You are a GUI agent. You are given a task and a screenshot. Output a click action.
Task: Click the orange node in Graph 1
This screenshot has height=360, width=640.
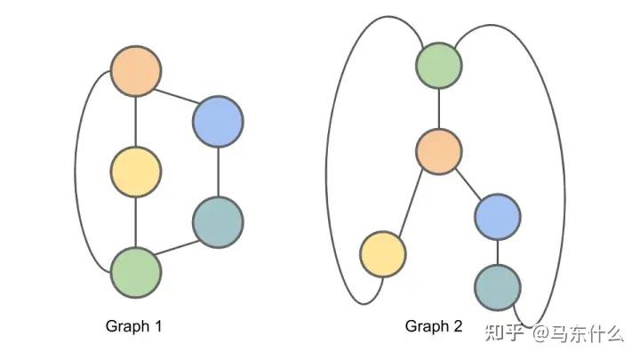(135, 71)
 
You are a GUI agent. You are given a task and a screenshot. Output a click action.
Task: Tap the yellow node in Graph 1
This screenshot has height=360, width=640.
(135, 171)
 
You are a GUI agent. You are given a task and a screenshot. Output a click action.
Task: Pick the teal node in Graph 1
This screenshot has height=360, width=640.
(218, 220)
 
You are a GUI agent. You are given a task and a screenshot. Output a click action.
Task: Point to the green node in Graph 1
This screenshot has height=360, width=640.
(136, 272)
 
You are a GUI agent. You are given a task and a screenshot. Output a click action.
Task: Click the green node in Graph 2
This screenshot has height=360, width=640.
(439, 64)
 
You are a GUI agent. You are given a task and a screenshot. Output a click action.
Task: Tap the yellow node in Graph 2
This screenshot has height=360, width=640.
(383, 253)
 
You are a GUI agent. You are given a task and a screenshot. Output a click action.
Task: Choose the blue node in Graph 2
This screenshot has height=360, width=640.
(497, 216)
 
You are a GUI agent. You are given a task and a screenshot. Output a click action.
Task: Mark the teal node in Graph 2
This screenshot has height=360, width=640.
(497, 286)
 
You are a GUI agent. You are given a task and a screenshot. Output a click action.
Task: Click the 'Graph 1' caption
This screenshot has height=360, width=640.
(133, 326)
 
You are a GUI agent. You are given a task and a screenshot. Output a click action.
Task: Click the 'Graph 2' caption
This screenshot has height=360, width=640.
(434, 326)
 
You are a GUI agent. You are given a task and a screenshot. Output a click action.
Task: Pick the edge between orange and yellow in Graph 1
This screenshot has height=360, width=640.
(135, 121)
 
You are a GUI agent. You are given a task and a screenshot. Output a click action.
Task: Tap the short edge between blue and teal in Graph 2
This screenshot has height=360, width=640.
(497, 252)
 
